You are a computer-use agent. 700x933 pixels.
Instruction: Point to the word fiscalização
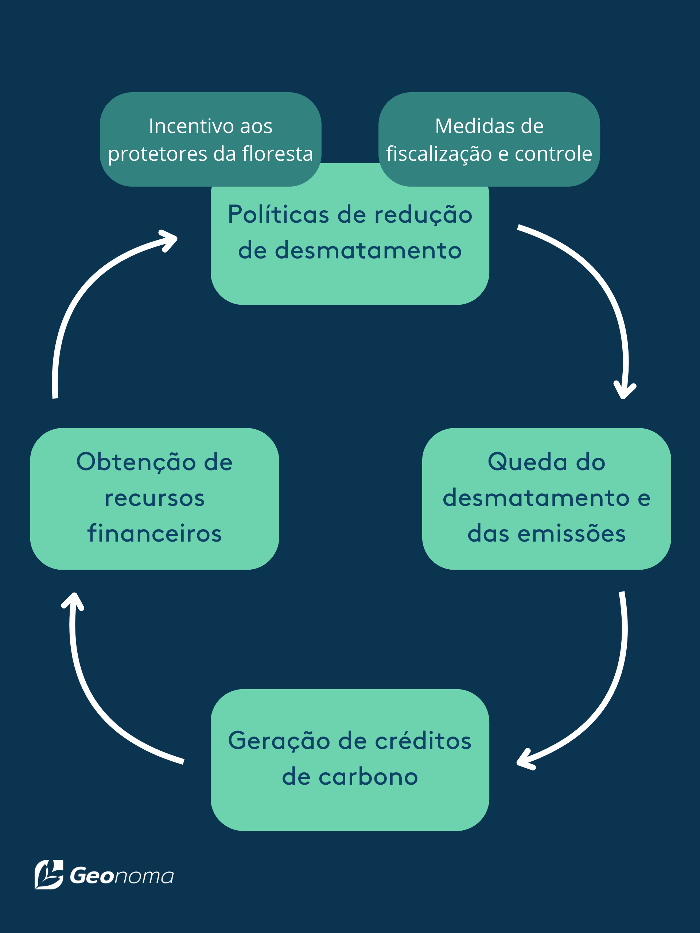439,153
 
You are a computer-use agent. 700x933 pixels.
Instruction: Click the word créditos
423,741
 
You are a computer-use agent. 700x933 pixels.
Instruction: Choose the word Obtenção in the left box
136,462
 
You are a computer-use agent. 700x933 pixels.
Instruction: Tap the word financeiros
155,533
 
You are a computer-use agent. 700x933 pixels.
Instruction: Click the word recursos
155,498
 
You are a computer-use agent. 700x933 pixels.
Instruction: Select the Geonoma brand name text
121,876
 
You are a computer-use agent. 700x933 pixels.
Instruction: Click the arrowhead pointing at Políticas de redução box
169,241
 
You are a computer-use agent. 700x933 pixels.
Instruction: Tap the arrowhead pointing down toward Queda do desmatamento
625,390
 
